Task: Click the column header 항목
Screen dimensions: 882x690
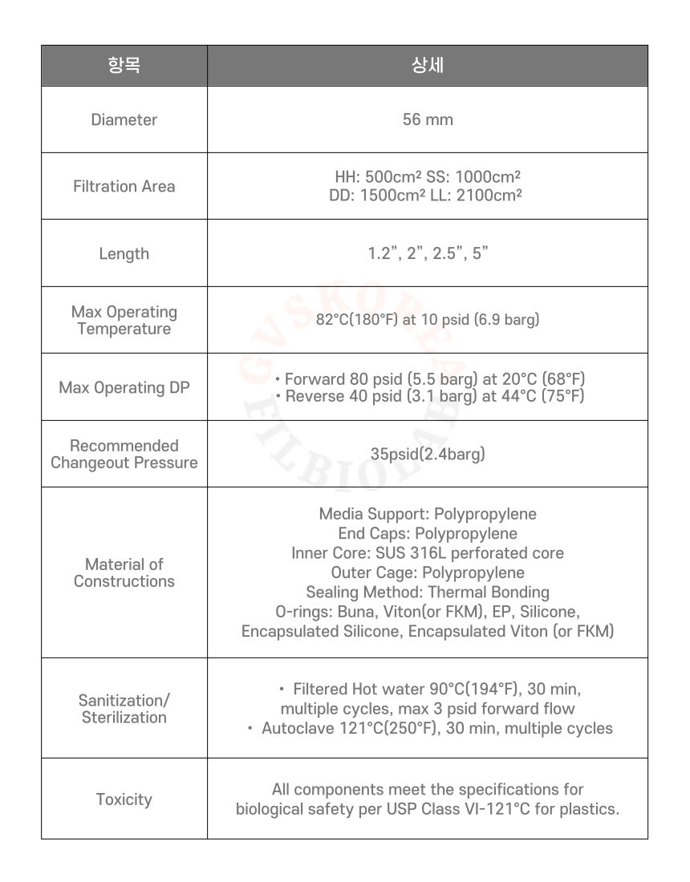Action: pos(124,66)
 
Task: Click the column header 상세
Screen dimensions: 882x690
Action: pos(427,66)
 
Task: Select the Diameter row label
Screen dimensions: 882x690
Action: pos(124,119)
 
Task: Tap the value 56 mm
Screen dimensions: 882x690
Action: pos(427,119)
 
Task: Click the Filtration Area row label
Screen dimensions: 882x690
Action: pos(124,186)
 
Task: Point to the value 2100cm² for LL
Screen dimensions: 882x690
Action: pos(489,195)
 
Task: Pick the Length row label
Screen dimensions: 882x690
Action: pos(124,253)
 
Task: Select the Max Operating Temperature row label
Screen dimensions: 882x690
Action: pos(124,320)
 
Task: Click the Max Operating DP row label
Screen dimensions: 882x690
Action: pos(124,387)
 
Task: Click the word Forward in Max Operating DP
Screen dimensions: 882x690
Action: pos(315,378)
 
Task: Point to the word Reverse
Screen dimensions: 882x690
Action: pos(315,396)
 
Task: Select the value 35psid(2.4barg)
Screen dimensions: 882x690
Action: pos(427,454)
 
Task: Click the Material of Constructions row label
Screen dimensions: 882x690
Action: pos(124,572)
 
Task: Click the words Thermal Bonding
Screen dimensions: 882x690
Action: pos(489,593)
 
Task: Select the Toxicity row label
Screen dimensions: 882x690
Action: pos(124,799)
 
